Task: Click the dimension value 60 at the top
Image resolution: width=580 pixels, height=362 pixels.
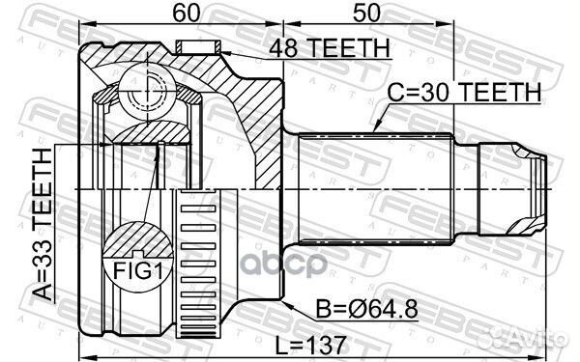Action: tap(186, 13)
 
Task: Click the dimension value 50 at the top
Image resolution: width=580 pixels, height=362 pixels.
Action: tap(366, 13)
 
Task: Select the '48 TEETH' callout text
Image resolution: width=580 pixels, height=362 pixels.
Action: tap(330, 48)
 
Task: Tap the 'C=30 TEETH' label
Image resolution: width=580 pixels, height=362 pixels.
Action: tap(464, 92)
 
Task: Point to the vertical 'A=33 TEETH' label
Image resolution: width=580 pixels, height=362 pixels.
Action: tap(43, 224)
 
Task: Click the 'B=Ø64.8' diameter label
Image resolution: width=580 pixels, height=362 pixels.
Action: tap(366, 309)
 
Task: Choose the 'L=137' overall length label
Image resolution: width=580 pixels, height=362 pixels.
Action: tap(310, 346)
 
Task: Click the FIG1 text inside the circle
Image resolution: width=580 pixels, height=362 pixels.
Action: tap(138, 270)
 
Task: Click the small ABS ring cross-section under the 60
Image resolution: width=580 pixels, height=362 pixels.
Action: tap(198, 46)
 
